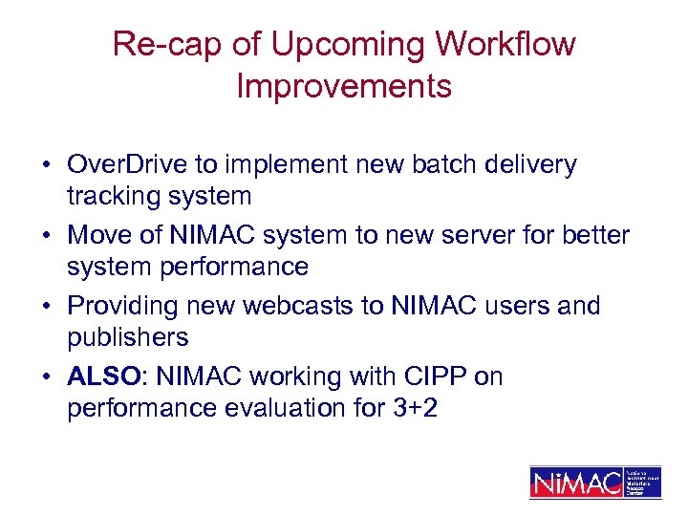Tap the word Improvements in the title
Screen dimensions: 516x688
pos(344,86)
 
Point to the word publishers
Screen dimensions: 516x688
pos(128,337)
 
